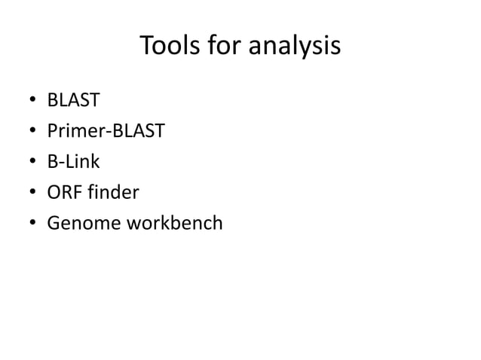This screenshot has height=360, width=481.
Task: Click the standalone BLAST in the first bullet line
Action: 73,101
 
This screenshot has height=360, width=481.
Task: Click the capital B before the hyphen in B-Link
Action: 52,162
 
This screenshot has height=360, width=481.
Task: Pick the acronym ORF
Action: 63,193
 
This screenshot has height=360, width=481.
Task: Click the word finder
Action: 112,193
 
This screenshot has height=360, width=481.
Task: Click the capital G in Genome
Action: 53,224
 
